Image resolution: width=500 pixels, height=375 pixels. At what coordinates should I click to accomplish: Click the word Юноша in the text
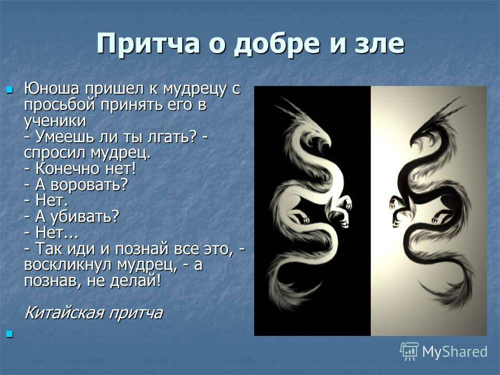[51, 89]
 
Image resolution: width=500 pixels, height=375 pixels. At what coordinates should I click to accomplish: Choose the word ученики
[55, 121]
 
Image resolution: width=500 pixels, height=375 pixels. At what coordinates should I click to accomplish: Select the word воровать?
[89, 185]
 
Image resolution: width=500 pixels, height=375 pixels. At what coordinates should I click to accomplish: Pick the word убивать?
[85, 217]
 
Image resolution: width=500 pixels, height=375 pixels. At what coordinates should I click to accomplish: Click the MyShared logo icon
[409, 352]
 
